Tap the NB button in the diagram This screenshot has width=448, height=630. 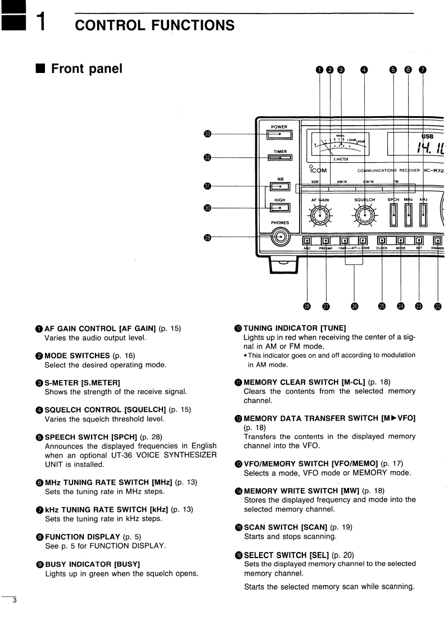[279, 187]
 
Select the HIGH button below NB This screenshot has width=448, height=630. [279, 208]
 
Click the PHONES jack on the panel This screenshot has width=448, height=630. [279, 238]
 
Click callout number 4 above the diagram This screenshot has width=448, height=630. [364, 70]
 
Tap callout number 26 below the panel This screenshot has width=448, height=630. [354, 306]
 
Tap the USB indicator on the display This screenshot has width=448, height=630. [428, 135]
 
